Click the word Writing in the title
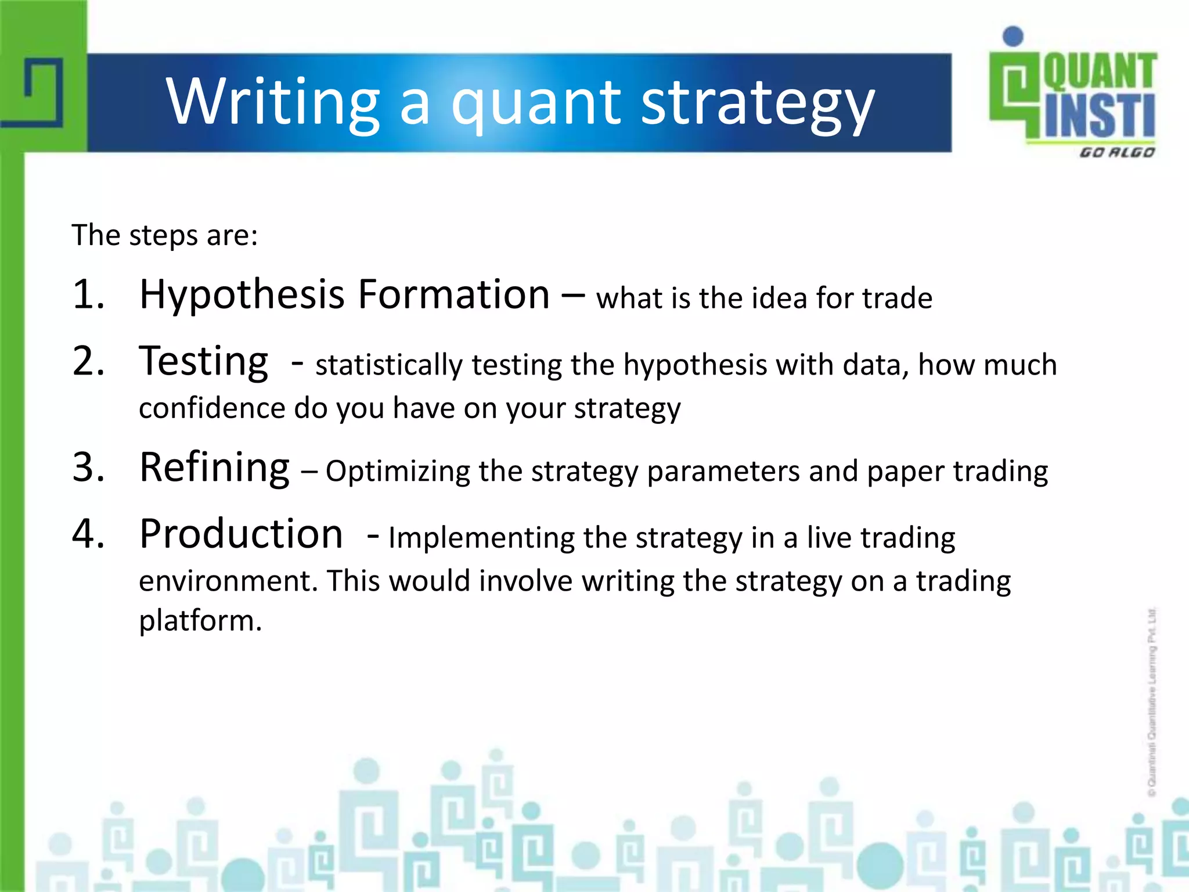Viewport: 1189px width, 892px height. [x=273, y=102]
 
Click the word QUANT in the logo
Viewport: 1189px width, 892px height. [x=1099, y=71]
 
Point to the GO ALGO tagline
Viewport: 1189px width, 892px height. [x=1116, y=153]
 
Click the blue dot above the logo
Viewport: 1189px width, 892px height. [x=1013, y=36]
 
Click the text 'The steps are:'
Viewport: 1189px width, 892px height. [x=164, y=235]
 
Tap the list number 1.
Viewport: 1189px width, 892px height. [x=88, y=294]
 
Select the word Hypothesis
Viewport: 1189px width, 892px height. [x=242, y=295]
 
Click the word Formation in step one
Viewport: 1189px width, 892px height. [x=453, y=294]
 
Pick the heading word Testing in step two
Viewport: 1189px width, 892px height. [x=203, y=361]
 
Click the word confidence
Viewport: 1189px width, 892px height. [x=212, y=408]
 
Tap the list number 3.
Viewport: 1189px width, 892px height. [x=88, y=467]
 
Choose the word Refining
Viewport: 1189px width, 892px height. [x=214, y=468]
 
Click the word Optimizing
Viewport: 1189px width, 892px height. [x=397, y=472]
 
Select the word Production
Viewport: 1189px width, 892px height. [x=241, y=534]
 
